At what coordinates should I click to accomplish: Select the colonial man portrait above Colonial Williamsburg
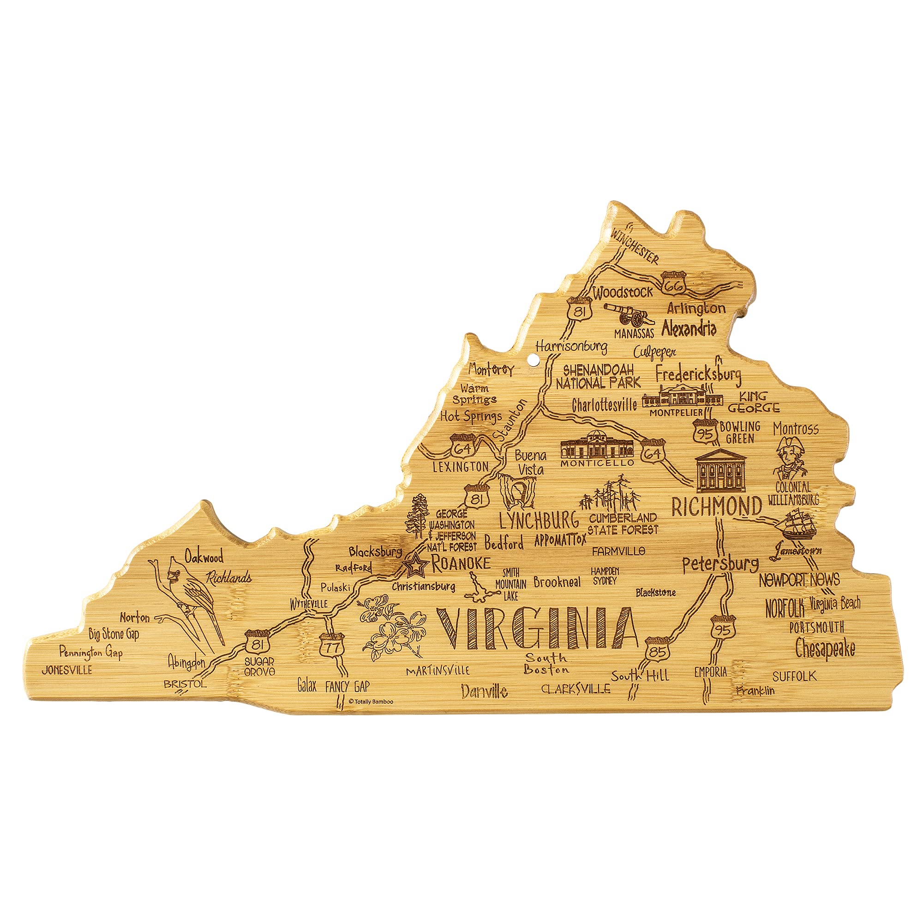tap(789, 459)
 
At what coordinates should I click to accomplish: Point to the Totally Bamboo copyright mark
tap(371, 701)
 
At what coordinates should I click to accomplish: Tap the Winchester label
tap(635, 246)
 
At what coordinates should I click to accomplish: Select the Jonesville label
tap(67, 670)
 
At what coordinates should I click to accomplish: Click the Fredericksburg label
tap(698, 374)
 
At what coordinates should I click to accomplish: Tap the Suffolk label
tap(795, 676)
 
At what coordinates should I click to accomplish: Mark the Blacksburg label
tap(375, 552)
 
